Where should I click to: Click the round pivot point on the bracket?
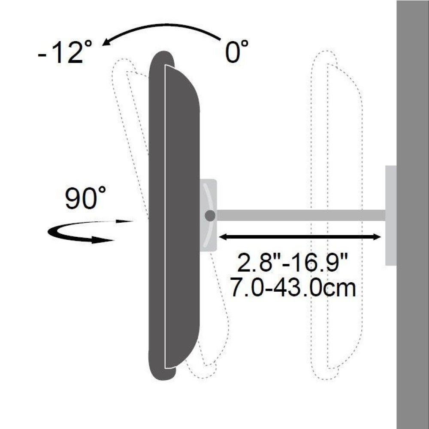210,216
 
